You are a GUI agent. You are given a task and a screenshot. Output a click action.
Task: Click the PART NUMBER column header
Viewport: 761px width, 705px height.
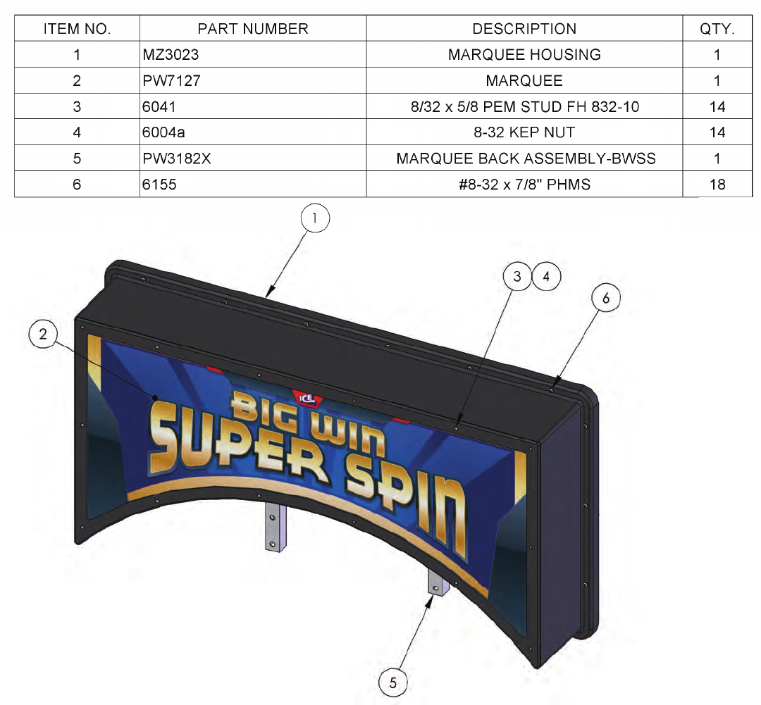252,29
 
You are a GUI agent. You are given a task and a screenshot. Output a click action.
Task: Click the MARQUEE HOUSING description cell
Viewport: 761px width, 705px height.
524,54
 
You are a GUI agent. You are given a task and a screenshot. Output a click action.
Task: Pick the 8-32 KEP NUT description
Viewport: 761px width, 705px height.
524,132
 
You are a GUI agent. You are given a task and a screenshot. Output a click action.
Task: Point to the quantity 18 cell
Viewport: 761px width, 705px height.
717,185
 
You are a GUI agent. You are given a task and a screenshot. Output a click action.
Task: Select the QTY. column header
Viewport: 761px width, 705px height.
717,29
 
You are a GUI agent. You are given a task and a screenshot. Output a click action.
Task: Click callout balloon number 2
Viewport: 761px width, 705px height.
44,335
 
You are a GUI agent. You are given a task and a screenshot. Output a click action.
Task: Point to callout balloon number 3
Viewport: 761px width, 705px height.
518,276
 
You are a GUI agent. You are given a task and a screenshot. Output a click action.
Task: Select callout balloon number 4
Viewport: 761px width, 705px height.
546,276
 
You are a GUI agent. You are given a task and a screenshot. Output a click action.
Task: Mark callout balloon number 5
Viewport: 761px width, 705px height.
393,682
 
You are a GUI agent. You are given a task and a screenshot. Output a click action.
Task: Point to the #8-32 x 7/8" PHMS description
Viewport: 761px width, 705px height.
524,185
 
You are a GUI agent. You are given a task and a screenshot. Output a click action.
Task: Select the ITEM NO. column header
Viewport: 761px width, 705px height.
77,29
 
